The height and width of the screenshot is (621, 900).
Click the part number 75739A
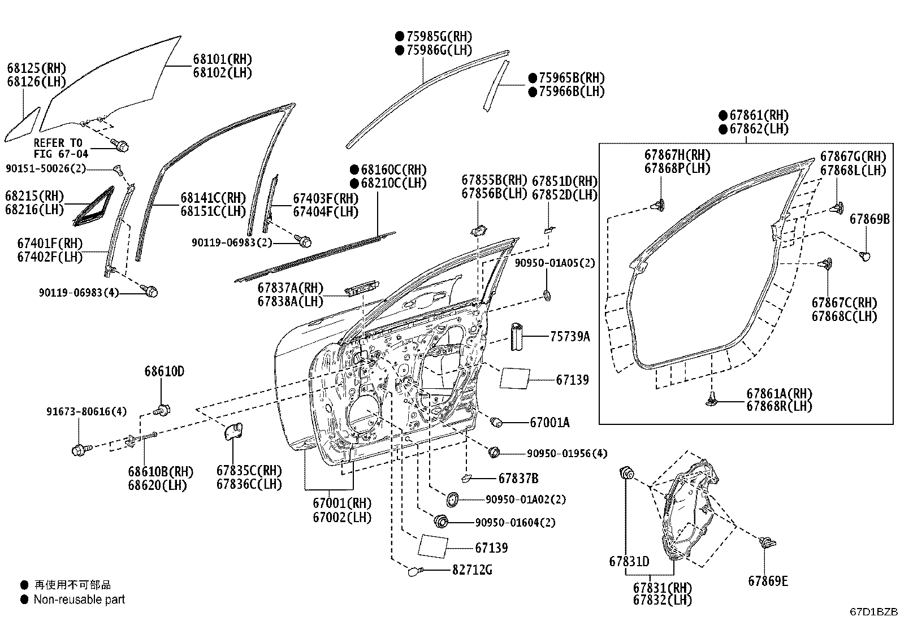point(570,336)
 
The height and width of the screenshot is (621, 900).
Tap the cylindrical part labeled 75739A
point(516,336)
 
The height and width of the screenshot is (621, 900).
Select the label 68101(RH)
point(223,59)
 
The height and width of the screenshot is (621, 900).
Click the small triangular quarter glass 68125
point(22,124)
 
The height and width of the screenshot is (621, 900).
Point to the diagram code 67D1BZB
point(873,612)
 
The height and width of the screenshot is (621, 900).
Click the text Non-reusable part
point(79,600)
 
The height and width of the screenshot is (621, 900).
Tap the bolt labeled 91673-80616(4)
point(81,449)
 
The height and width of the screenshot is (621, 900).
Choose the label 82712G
point(472,570)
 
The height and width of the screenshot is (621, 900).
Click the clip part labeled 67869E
point(767,542)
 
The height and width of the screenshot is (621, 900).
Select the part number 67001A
point(549,422)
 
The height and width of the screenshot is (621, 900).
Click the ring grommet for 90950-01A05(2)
point(547,296)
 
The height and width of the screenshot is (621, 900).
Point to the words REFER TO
point(58,143)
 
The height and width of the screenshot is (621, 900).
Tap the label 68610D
point(165,371)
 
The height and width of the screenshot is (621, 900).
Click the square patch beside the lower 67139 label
point(432,546)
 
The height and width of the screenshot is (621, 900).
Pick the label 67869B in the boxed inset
point(869,219)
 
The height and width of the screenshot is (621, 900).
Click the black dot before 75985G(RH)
point(399,36)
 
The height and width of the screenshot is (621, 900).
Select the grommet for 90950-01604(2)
point(441,522)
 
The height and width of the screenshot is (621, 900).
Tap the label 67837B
point(518,479)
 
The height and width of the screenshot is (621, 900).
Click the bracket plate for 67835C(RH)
point(233,431)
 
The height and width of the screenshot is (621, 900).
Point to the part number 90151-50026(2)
point(46,168)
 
